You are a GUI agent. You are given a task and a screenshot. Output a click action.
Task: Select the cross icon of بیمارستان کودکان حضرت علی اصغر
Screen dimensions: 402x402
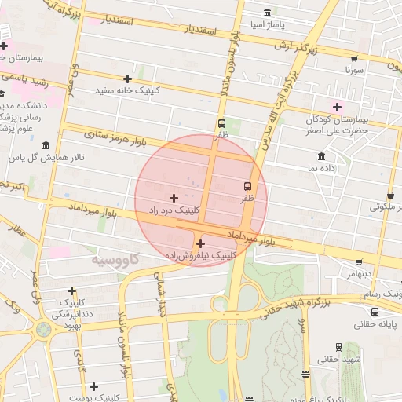(338, 107)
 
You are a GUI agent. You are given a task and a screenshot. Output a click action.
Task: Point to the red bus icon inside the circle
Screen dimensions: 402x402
(248, 187)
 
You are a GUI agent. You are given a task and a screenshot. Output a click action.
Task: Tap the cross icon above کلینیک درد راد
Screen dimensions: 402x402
(174, 197)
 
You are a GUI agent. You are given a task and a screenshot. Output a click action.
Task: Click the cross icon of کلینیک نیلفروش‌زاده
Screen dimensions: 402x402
(200, 243)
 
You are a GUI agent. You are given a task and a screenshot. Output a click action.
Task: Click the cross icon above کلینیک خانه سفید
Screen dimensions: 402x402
(127, 79)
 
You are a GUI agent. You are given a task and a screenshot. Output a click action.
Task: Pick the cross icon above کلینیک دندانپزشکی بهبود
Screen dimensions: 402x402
(72, 291)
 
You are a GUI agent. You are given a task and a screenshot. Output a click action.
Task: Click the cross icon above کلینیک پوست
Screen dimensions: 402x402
(93, 386)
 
